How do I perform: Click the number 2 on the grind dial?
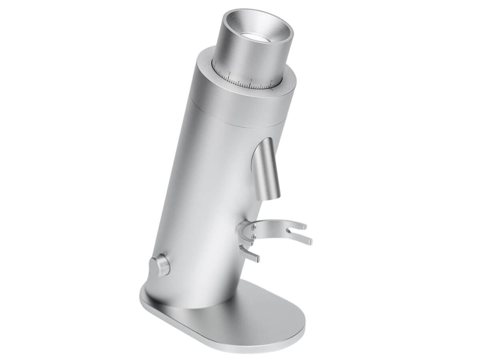click(230, 73)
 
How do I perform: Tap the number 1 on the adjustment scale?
click(251, 80)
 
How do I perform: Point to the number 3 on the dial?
click(216, 62)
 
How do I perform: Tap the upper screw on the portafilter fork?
click(254, 227)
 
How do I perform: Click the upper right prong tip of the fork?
click(305, 226)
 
